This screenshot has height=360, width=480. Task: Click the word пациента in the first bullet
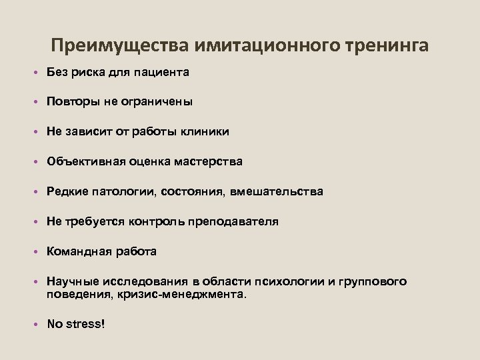point(165,72)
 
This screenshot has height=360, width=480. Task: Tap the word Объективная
point(83,162)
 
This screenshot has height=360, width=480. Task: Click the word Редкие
point(66,192)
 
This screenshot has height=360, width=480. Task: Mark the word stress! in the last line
point(86,324)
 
